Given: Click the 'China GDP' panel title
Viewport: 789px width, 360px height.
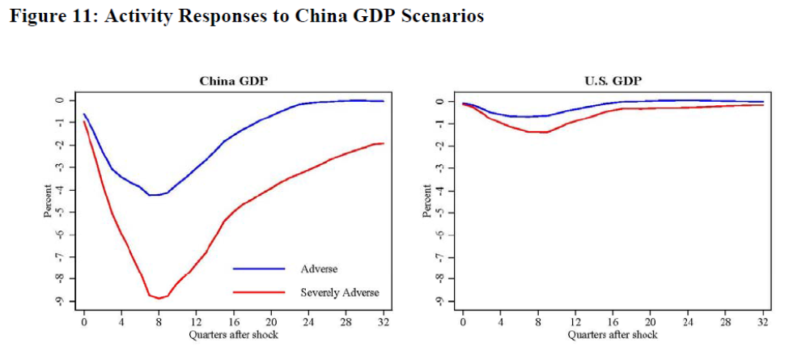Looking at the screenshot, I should point(233,81).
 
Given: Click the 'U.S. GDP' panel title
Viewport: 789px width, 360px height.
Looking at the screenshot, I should point(613,81).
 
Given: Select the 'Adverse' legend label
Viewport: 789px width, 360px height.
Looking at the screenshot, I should point(319,269).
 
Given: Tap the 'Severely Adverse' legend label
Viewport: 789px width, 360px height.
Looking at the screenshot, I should point(340,292).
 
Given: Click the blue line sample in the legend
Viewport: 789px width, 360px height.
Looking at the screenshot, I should point(259,269).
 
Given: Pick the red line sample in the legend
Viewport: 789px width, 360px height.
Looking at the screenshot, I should point(259,292).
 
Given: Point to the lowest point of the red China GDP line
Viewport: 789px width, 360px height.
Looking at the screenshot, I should point(159,298).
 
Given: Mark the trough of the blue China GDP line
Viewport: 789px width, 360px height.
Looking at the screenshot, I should point(152,195).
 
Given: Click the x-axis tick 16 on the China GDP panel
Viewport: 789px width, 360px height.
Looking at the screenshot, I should point(234,322).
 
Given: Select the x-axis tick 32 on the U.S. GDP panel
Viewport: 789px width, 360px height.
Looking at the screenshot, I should point(763,322).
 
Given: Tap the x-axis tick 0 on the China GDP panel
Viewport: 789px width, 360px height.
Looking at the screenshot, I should point(84,322).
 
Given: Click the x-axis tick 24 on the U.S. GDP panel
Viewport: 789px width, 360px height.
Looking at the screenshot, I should point(688,322).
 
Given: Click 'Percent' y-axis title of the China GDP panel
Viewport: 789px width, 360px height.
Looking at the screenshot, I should point(48,201).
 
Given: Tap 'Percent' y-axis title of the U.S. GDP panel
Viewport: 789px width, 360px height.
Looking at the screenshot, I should point(427,201).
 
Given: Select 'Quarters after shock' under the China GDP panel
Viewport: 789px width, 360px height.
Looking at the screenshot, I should point(233,334).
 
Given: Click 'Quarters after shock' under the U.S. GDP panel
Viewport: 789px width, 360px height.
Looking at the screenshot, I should point(613,334).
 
